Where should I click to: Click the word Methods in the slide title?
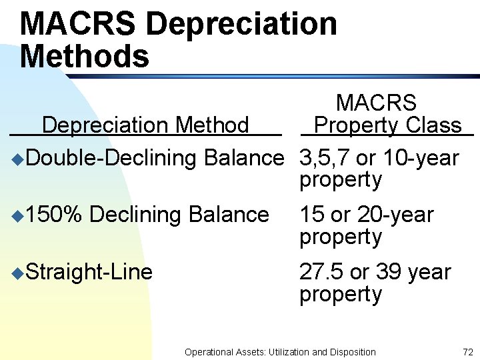click(x=85, y=56)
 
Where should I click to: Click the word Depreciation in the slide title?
click(x=241, y=24)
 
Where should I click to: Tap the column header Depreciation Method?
click(x=145, y=125)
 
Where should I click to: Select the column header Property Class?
click(x=387, y=125)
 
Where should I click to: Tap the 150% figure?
click(x=55, y=215)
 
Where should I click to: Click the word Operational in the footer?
click(x=209, y=351)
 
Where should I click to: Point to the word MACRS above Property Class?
click(x=376, y=103)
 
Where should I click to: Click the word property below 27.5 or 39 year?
click(x=341, y=294)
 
